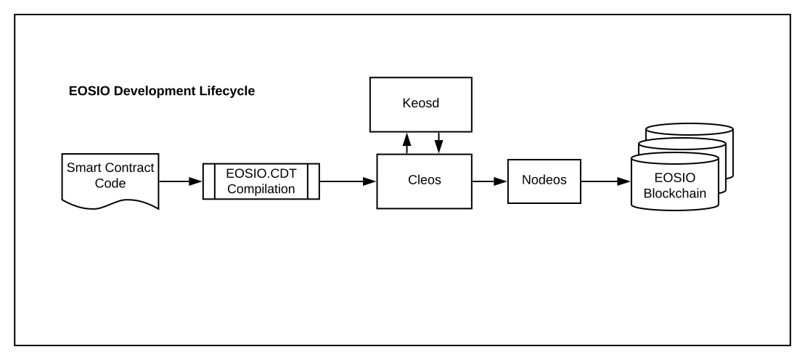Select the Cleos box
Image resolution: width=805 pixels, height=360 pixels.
coord(424,181)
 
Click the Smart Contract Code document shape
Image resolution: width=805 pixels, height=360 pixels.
coord(110,177)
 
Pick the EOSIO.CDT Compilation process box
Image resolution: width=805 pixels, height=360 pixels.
coord(260,181)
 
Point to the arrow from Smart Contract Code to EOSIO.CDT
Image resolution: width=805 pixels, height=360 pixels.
coord(179,181)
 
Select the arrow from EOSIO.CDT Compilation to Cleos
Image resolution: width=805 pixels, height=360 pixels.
coord(347,181)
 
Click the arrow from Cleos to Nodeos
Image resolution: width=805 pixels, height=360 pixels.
coord(489,181)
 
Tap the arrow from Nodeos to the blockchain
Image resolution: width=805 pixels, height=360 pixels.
coord(605,181)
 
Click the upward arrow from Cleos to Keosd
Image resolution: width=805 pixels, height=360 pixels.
coord(406,144)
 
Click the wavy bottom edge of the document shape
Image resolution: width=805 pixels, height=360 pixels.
coord(110,205)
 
